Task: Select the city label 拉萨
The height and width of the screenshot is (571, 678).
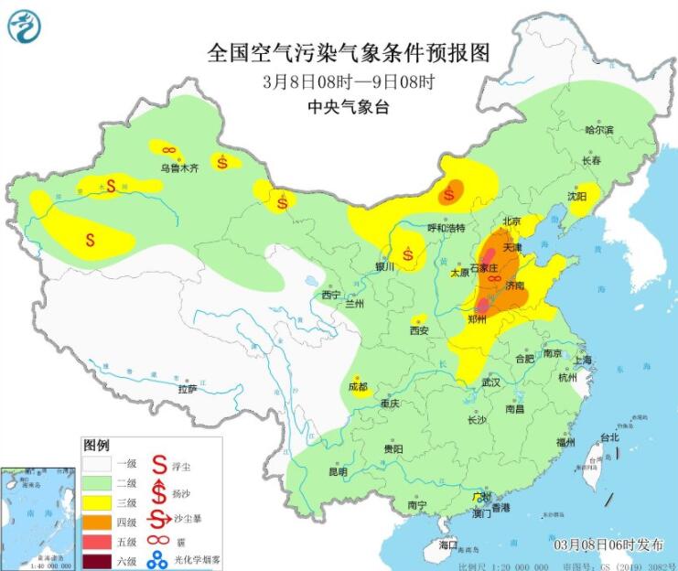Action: click(187, 389)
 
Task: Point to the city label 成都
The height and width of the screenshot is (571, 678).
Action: click(357, 387)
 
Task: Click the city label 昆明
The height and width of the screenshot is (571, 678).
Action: click(338, 472)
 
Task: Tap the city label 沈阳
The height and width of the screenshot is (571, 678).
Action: click(576, 196)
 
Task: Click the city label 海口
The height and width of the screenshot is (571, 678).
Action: click(447, 545)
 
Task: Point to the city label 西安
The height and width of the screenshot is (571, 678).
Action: click(419, 329)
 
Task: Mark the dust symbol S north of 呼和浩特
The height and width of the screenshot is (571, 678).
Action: click(449, 194)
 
